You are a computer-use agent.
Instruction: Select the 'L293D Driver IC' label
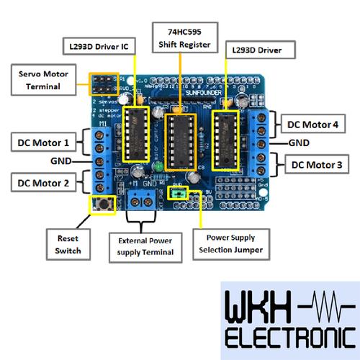[x=95, y=47]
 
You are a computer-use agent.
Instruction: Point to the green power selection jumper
[x=179, y=192]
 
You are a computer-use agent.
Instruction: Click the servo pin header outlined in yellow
[x=103, y=84]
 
